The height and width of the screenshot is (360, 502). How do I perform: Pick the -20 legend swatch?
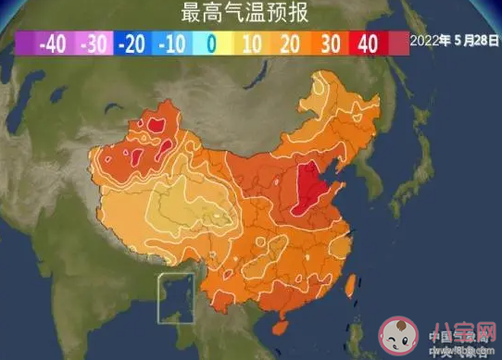pos(132,43)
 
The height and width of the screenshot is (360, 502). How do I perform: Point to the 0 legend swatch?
pos(211,43)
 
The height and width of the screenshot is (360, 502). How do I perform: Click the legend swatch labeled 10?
pos(250,43)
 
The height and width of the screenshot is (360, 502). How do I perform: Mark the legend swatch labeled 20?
pos(289,43)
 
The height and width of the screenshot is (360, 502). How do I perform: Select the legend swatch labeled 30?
pos(329,43)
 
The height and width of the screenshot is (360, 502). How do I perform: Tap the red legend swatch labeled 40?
pos(368,43)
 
